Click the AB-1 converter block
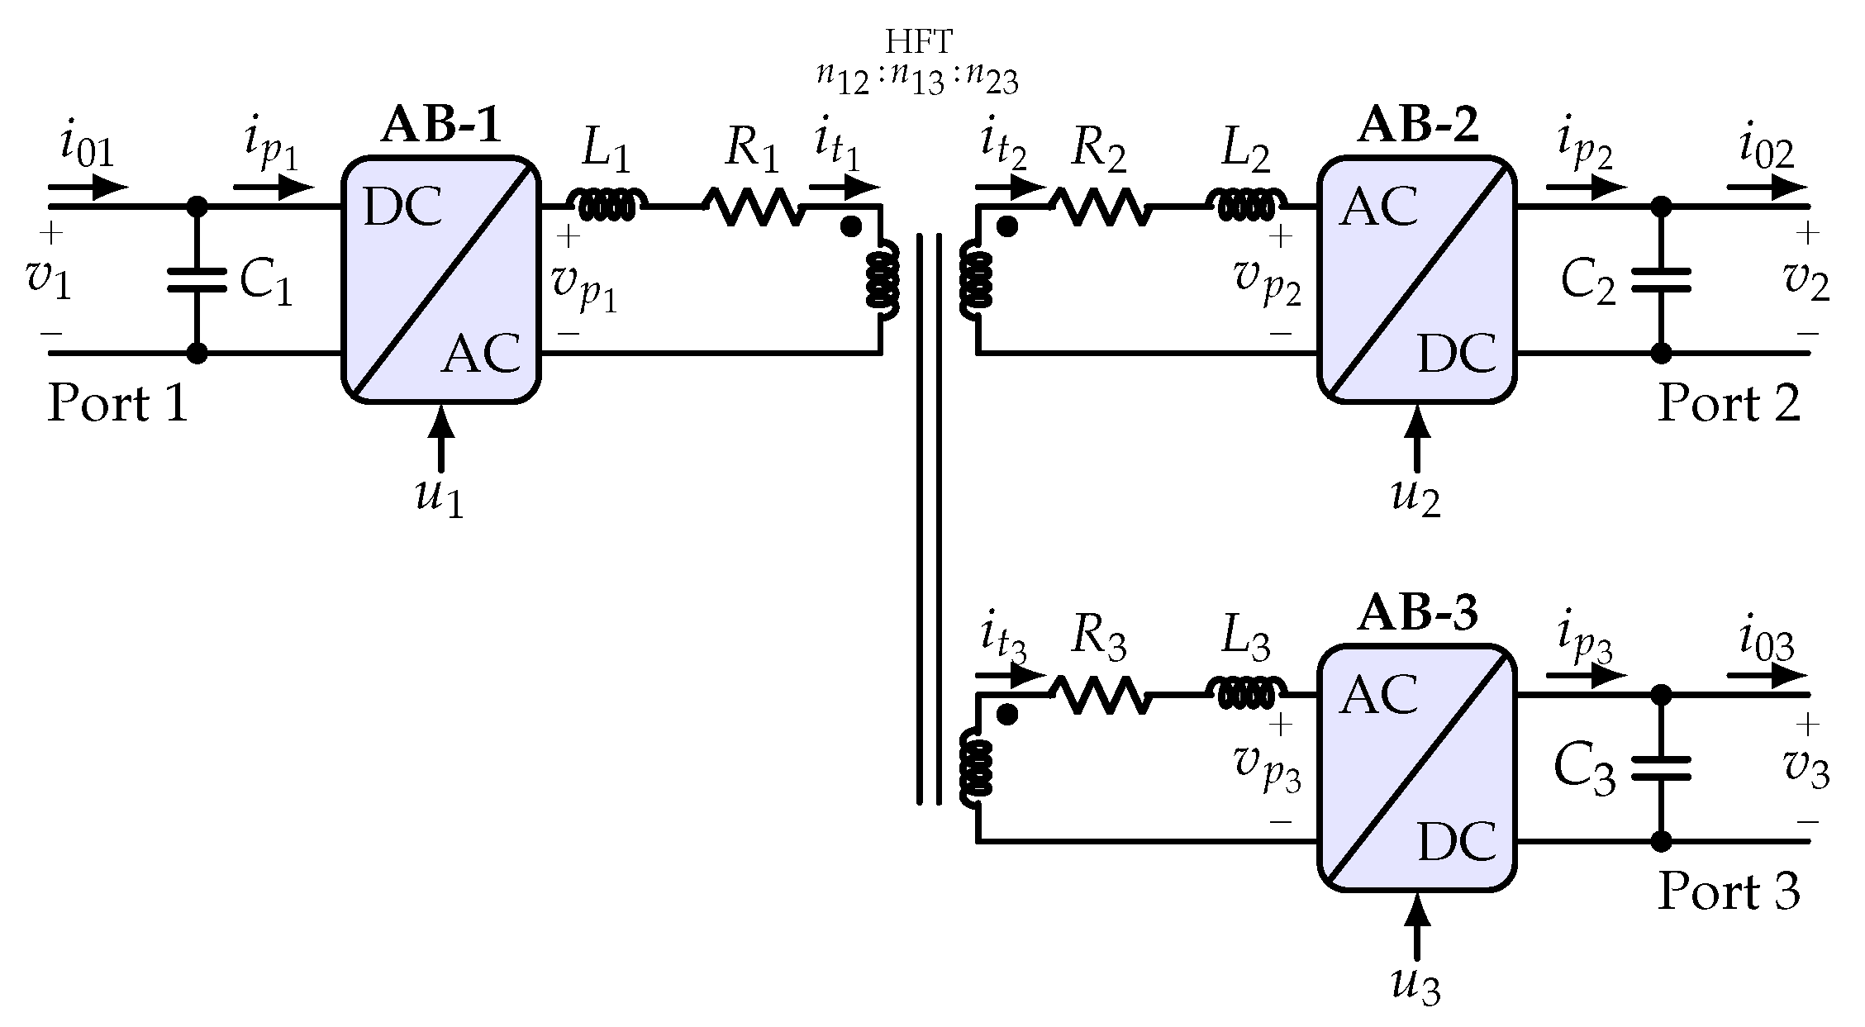(x=441, y=280)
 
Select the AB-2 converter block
(x=1417, y=280)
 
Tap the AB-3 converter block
(x=1417, y=768)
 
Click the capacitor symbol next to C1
(x=197, y=279)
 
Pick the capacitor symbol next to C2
(x=1661, y=279)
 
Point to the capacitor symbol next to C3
(x=1661, y=768)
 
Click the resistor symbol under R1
(x=754, y=207)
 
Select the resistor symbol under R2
(x=1101, y=207)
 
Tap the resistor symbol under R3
(x=1101, y=695)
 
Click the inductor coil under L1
(x=607, y=204)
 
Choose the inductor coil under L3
(x=1247, y=692)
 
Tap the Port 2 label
(x=1729, y=404)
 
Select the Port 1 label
(x=118, y=404)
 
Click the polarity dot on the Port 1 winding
(x=850, y=226)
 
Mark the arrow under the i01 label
(x=89, y=188)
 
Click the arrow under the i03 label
(x=1768, y=676)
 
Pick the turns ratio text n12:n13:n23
(x=918, y=82)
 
